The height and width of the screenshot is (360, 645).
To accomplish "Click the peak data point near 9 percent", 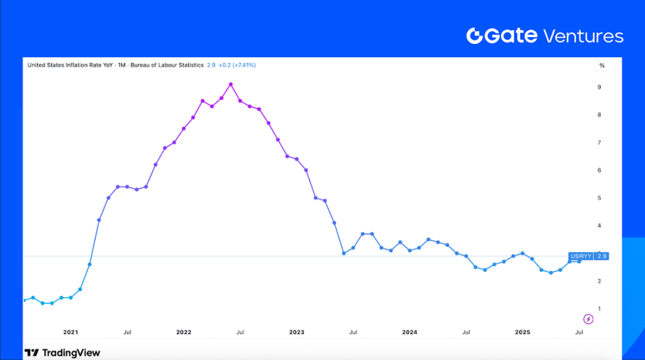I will [x=231, y=85].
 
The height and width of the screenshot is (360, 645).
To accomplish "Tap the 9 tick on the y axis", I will [x=600, y=87].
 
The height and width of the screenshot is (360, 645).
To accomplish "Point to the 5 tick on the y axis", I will [x=600, y=199].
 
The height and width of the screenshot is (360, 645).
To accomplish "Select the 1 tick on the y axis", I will [x=600, y=309].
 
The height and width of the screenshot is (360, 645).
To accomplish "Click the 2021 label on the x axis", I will [x=71, y=333].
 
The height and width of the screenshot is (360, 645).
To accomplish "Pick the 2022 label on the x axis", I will [x=183, y=333].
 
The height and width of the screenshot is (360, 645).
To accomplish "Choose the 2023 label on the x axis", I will [x=297, y=333].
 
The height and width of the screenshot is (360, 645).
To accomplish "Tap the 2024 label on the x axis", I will [x=409, y=333].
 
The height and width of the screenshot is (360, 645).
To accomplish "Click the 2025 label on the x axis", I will [x=523, y=333].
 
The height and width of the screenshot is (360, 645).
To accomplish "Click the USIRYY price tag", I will [x=581, y=257].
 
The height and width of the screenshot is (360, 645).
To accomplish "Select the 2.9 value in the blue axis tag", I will [x=601, y=257].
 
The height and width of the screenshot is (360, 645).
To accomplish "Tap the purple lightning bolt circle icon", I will [x=588, y=319].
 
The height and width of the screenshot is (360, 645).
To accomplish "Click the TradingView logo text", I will [x=70, y=353].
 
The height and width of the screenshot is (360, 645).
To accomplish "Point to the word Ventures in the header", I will [x=583, y=36].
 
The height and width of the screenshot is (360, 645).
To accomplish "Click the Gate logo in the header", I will [x=502, y=36].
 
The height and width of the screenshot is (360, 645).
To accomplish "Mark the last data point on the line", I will [x=579, y=261].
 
